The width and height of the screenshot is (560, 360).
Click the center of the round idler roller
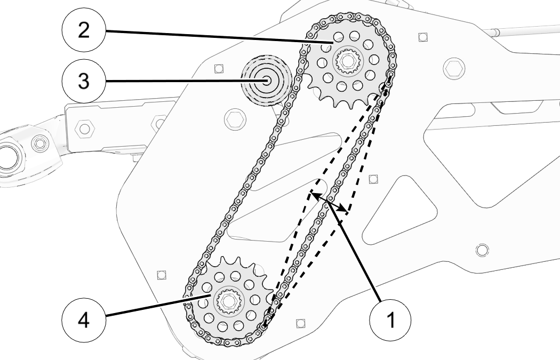(x=266, y=81)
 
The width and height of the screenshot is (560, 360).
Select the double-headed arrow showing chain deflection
(x=329, y=203)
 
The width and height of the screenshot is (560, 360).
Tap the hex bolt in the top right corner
(x=454, y=67)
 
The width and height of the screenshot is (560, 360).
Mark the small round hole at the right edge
(x=482, y=249)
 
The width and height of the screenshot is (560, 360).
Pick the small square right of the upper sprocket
(x=422, y=37)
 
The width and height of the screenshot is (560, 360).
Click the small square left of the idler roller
(x=217, y=68)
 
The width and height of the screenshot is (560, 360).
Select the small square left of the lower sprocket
(x=162, y=274)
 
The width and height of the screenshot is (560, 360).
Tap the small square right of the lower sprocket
(x=299, y=323)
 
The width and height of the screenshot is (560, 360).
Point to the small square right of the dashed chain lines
(x=373, y=178)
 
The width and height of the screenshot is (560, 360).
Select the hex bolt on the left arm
(x=84, y=128)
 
